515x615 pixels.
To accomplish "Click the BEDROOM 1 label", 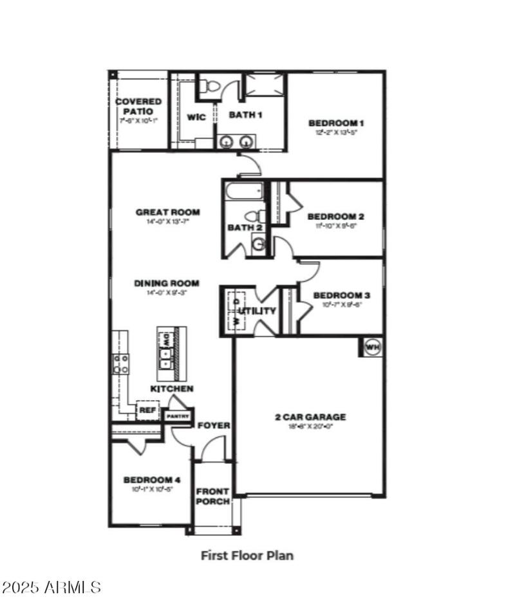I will pos(336,123).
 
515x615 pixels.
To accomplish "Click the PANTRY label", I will pos(178,416).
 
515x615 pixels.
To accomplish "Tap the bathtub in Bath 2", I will pos(243,190).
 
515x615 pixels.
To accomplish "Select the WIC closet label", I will pos(196,117).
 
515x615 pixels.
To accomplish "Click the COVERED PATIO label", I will pos(138,106).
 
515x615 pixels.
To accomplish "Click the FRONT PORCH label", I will pos(212,497).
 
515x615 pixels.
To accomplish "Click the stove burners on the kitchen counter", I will pos(121,363).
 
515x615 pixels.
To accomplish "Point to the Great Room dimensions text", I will pos(167,222).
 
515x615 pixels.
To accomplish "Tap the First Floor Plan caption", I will pos(247,555).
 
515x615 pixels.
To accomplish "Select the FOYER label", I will pos(214,426).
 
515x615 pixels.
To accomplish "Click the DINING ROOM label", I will pos(167,283).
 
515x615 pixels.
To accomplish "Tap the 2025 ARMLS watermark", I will pos(51,587).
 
